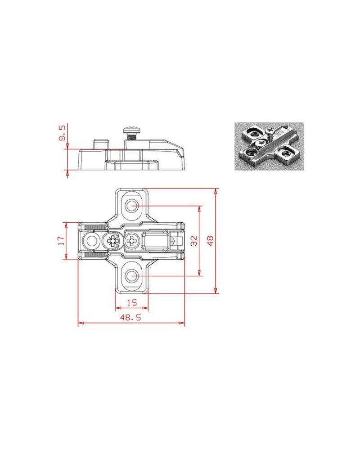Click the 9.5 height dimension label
click(62, 132)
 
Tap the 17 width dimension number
click(60, 240)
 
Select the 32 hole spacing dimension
click(194, 240)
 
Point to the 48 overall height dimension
click(211, 240)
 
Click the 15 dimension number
click(132, 302)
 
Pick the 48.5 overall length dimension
click(130, 317)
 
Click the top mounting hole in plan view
click(132, 205)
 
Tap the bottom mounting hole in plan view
click(132, 276)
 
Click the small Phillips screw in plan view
click(132, 240)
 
